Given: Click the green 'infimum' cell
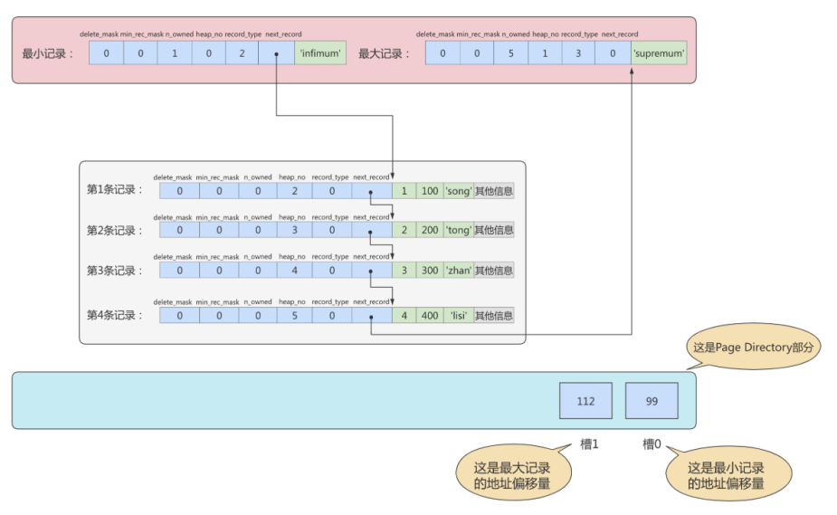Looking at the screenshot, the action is pyautogui.click(x=320, y=52).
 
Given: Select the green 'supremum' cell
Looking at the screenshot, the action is pyautogui.click(x=659, y=52).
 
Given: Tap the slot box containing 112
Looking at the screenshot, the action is pyautogui.click(x=585, y=401).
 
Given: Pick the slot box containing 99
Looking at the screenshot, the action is pyautogui.click(x=652, y=401).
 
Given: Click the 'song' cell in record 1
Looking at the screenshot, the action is pyautogui.click(x=459, y=191).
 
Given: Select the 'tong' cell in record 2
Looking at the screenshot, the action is pyautogui.click(x=459, y=230).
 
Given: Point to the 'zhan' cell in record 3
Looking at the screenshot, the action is pyautogui.click(x=459, y=271).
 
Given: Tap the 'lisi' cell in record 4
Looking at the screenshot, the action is pyautogui.click(x=459, y=315).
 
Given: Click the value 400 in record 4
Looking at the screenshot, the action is pyautogui.click(x=430, y=315).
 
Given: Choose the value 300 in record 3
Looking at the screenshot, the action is pyautogui.click(x=430, y=271).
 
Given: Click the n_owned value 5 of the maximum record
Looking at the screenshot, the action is pyautogui.click(x=511, y=52).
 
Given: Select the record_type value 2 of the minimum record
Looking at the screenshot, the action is pyautogui.click(x=242, y=52).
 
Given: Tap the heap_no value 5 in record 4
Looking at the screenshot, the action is pyautogui.click(x=295, y=315).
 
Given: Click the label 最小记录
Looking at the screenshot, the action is pyautogui.click(x=48, y=53).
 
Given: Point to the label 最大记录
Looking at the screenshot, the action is pyautogui.click(x=384, y=53).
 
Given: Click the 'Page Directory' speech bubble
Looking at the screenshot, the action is pyautogui.click(x=753, y=347).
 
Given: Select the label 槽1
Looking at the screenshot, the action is pyautogui.click(x=589, y=444).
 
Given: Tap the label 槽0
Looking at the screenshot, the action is pyautogui.click(x=652, y=444).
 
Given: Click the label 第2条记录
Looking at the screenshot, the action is pyautogui.click(x=115, y=231).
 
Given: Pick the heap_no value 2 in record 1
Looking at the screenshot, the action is pyautogui.click(x=295, y=191).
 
